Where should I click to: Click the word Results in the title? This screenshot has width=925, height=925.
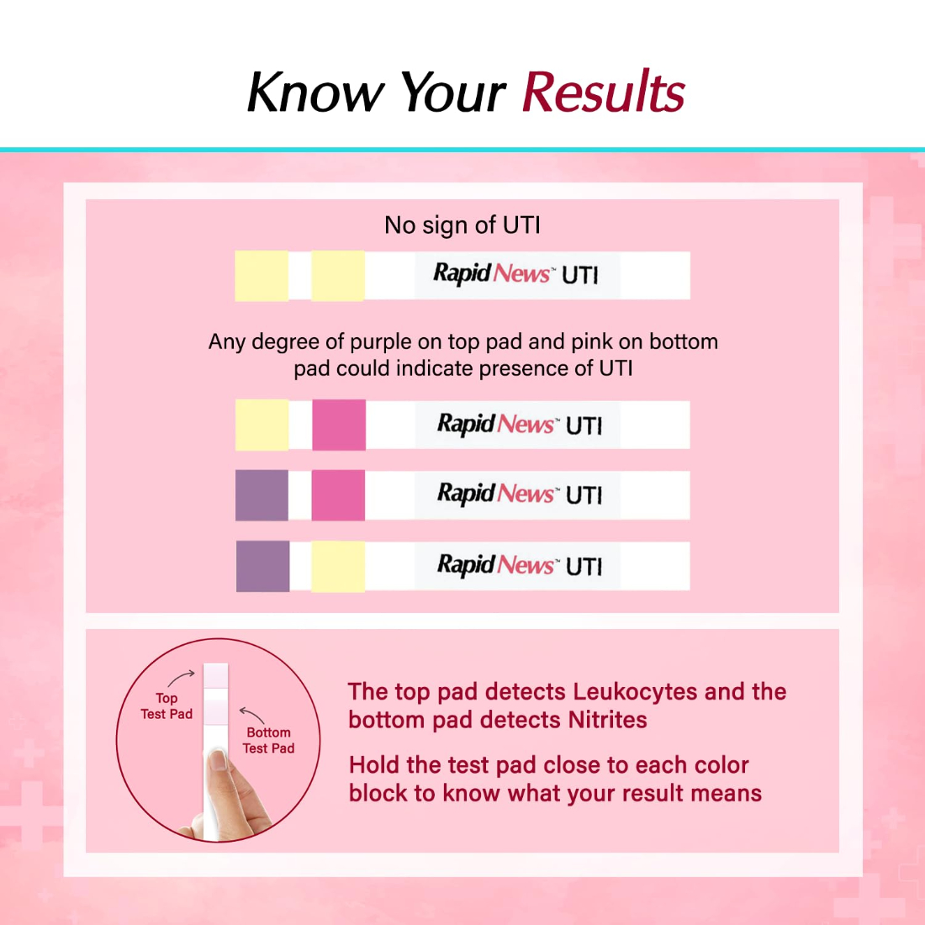pos(604,91)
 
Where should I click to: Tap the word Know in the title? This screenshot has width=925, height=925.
pos(315,91)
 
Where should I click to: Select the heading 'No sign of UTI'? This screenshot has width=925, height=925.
pos(462,225)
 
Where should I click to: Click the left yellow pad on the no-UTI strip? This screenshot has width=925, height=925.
pos(262,276)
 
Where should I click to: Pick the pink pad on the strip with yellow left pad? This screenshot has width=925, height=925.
pos(339,425)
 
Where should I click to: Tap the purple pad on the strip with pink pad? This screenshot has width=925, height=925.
pos(262,495)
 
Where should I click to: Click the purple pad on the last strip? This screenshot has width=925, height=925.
pos(262,566)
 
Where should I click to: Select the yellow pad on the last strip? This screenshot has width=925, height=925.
pos(338,566)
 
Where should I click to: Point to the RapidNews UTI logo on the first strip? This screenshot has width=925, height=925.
pos(516,274)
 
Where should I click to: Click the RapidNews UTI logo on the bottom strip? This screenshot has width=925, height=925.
pos(520,566)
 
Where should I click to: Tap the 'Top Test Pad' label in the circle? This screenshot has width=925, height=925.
pos(166,706)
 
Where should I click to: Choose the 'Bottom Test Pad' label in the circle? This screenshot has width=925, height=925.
pos(268,740)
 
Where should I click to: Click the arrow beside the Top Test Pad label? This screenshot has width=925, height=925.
pos(181,678)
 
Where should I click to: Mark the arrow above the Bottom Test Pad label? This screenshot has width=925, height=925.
pos(252,714)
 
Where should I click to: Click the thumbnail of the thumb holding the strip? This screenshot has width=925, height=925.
pos(218,760)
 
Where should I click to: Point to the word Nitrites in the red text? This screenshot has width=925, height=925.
pos(607,720)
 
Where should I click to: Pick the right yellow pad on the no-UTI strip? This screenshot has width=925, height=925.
pos(338,276)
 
